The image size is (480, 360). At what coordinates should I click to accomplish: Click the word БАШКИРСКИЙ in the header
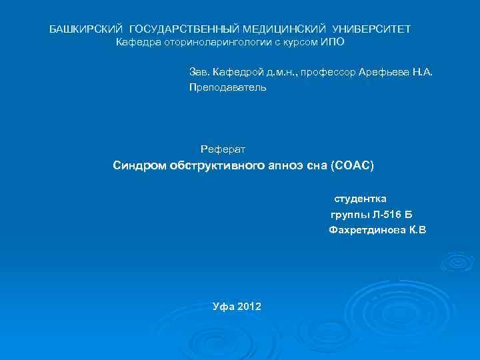(x=87, y=29)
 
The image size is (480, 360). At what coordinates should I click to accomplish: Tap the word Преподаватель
(x=227, y=87)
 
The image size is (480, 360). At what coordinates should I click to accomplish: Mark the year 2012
(x=249, y=307)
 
